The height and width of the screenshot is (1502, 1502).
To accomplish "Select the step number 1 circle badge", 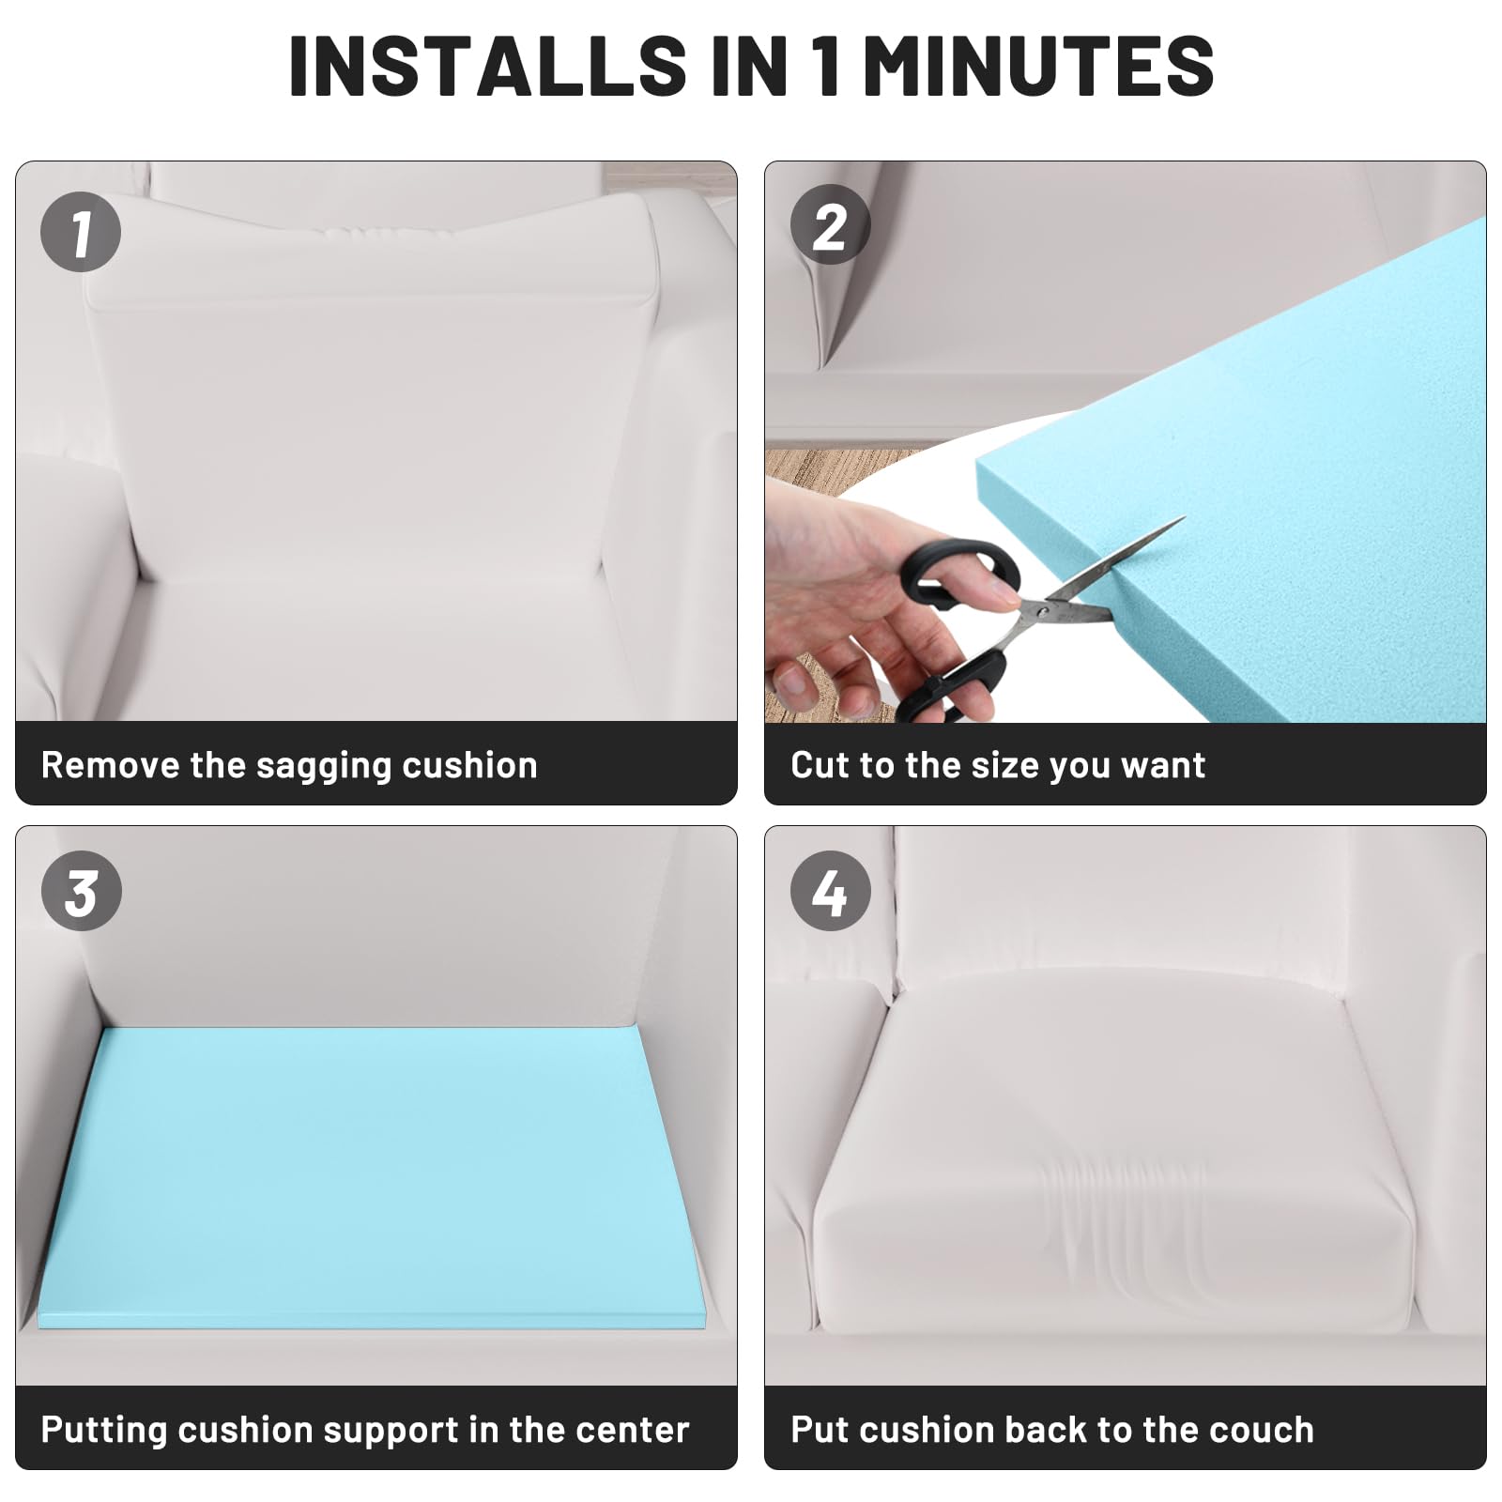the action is tap(81, 232).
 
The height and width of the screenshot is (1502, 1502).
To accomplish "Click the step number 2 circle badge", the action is tap(830, 226).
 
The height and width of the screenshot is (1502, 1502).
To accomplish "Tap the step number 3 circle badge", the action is tap(81, 891).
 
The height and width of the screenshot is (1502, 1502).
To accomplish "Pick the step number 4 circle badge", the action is tap(830, 891).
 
